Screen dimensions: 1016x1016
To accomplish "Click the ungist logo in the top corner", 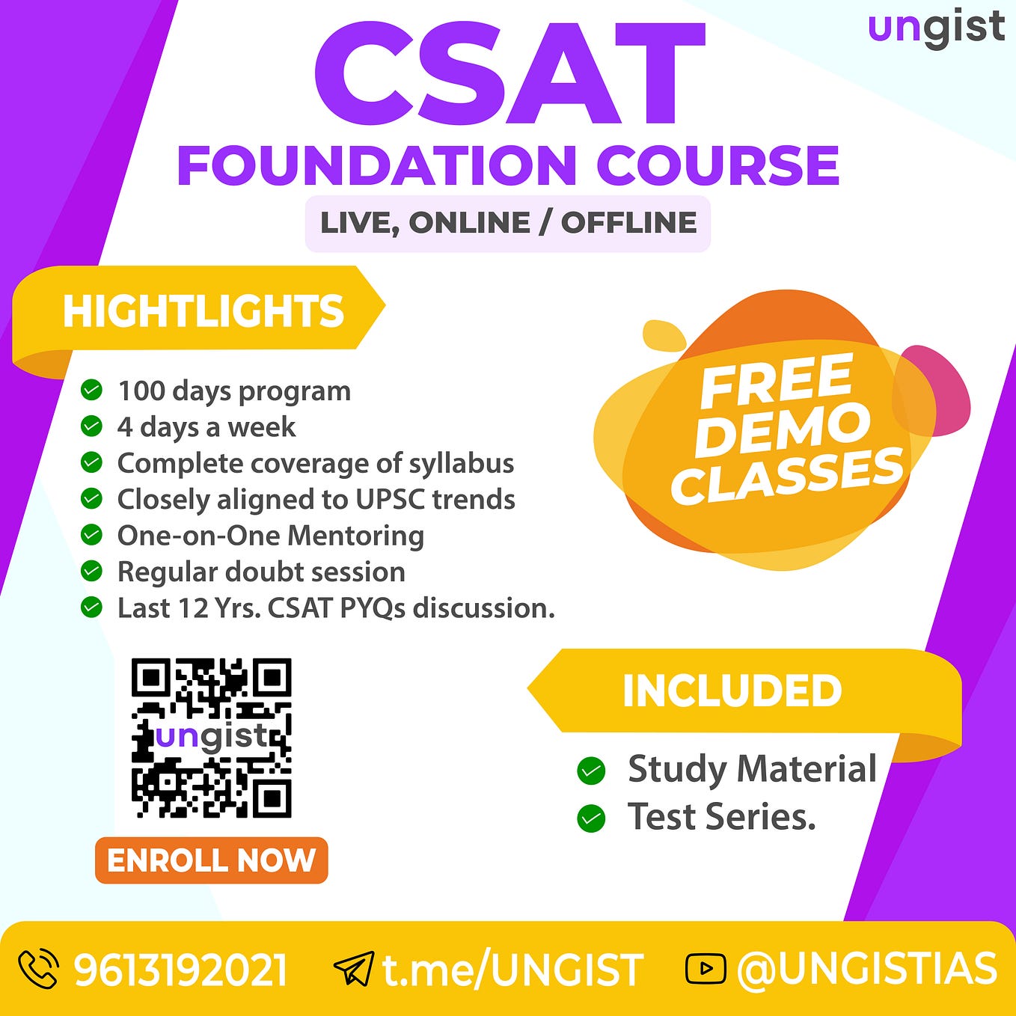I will click(936, 28).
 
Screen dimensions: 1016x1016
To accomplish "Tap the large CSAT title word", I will click(509, 74).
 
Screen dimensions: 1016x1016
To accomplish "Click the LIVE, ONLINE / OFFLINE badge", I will click(508, 223).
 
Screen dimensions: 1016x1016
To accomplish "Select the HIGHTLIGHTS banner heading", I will click(203, 311).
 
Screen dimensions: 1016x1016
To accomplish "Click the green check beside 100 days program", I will click(91, 390).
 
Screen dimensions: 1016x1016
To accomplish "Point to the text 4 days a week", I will click(206, 427).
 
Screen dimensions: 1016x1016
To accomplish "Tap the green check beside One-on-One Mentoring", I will click(91, 535).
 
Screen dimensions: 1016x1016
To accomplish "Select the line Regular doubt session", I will click(261, 572).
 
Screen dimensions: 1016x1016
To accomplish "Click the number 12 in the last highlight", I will click(194, 608).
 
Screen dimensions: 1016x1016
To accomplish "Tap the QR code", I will click(212, 738).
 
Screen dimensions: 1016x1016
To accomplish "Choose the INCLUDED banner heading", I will click(732, 690).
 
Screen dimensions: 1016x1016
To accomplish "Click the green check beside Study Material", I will click(591, 771).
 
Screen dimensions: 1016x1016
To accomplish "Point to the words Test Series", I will click(721, 817).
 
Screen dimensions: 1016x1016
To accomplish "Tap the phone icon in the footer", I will click(38, 970).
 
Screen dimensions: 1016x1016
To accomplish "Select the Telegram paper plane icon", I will click(353, 970).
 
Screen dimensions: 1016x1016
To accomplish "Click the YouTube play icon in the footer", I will click(705, 969).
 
